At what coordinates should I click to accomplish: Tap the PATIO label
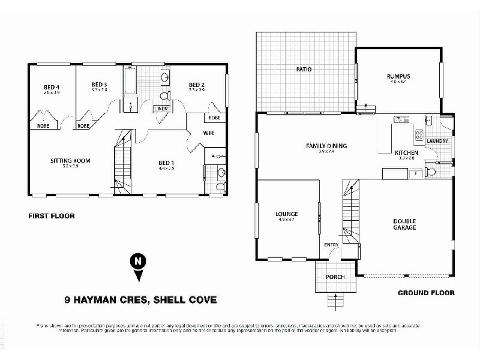[304, 70]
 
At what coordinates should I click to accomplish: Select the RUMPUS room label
[398, 76]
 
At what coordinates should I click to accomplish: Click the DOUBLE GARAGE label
[404, 224]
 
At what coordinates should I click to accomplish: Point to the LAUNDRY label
[438, 141]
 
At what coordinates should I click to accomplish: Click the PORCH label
[334, 277]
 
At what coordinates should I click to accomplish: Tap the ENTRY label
[331, 245]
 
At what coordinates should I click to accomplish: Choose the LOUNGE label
[287, 214]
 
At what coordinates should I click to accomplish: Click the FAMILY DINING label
[326, 146]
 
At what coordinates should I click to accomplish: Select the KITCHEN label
[406, 153]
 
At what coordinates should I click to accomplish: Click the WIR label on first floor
[209, 133]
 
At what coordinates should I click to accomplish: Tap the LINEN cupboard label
[161, 109]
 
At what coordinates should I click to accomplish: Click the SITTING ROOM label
[70, 160]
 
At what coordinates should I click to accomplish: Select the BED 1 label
[166, 163]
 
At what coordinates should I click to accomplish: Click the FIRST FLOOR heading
[51, 216]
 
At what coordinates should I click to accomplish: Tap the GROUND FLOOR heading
[426, 293]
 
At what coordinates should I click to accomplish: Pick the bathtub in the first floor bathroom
[131, 84]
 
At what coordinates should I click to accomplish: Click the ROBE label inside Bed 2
[214, 118]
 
